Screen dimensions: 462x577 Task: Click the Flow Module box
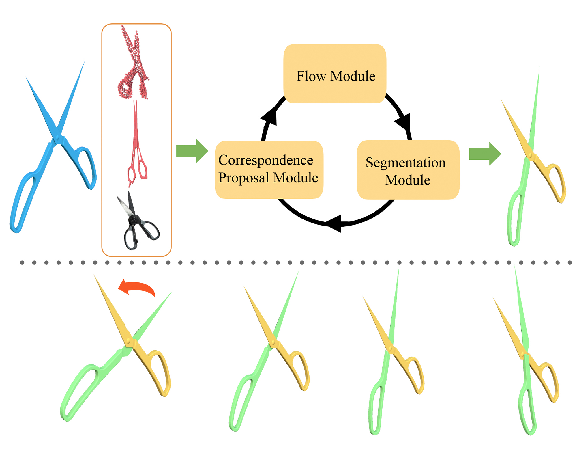tap(335, 74)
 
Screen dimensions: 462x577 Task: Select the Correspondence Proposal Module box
tap(269, 170)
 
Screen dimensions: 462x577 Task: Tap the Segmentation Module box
tap(408, 170)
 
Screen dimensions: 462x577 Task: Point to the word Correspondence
tap(265, 160)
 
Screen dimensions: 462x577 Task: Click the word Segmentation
tap(405, 163)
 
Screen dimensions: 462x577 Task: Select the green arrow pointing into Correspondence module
tap(192, 151)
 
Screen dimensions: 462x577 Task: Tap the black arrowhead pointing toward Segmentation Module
tap(403, 121)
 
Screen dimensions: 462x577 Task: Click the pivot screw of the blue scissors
tap(57, 138)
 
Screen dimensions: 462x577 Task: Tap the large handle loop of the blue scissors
tap(23, 202)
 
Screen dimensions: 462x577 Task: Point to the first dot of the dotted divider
tap(22, 262)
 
